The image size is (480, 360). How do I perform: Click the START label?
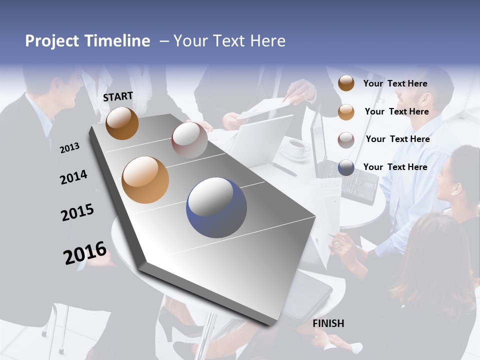(x=118, y=96)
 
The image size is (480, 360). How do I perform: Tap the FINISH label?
(x=328, y=323)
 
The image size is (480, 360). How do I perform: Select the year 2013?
(x=69, y=147)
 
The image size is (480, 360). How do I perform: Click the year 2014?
(x=73, y=177)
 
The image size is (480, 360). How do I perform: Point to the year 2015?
(x=77, y=212)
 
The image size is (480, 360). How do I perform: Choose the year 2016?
(x=85, y=252)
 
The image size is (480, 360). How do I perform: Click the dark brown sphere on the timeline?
(x=122, y=123)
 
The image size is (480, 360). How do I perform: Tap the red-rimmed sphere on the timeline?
(x=189, y=140)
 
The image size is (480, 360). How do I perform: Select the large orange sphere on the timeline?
(x=145, y=180)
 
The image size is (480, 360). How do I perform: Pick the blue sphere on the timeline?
(x=216, y=207)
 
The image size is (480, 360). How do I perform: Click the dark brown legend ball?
(x=346, y=83)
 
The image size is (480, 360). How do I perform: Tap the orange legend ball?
(x=346, y=112)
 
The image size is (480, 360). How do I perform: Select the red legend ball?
(x=346, y=139)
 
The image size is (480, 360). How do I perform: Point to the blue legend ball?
(x=346, y=167)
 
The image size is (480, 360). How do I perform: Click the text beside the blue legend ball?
(x=395, y=167)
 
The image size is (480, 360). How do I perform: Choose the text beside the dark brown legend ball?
(x=395, y=83)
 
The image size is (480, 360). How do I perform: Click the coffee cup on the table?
(x=299, y=148)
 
